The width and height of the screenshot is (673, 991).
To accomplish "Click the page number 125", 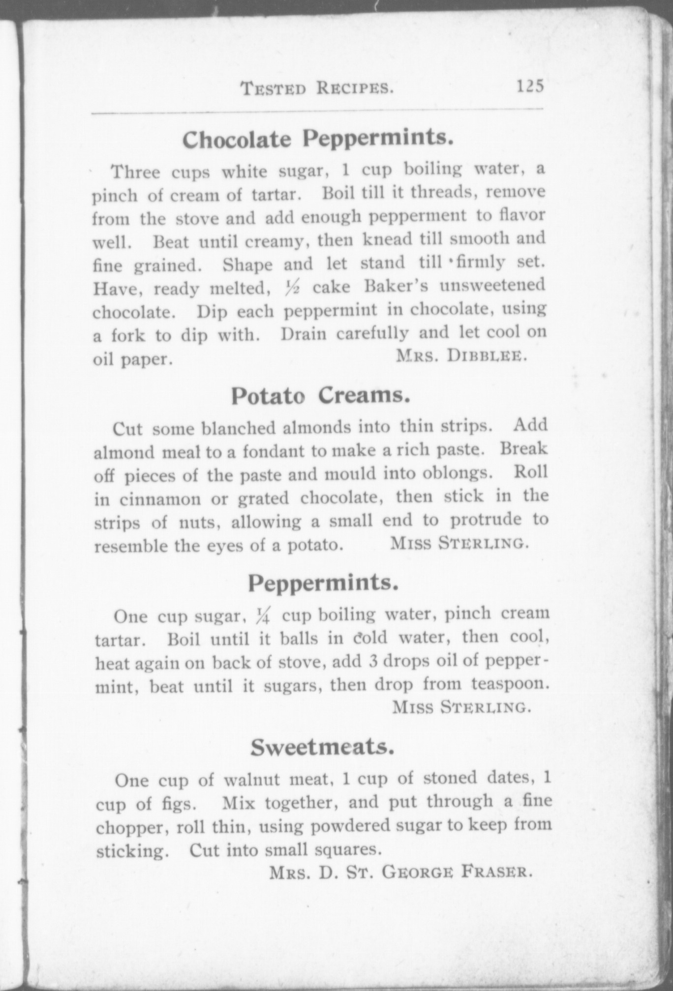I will point(530,87).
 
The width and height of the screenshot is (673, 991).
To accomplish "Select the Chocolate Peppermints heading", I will point(317,139).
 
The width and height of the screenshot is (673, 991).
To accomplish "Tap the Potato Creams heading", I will point(321,396).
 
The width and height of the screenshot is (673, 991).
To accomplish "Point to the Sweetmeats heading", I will point(323,748).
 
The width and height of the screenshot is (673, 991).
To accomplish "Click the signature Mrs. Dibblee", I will point(461,356).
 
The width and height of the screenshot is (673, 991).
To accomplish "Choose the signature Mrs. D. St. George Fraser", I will point(400,873).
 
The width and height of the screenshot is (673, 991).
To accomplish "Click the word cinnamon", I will point(160,499).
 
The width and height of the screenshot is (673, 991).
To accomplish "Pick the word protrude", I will point(485,521).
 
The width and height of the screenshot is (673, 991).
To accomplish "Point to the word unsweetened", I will point(492,286).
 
